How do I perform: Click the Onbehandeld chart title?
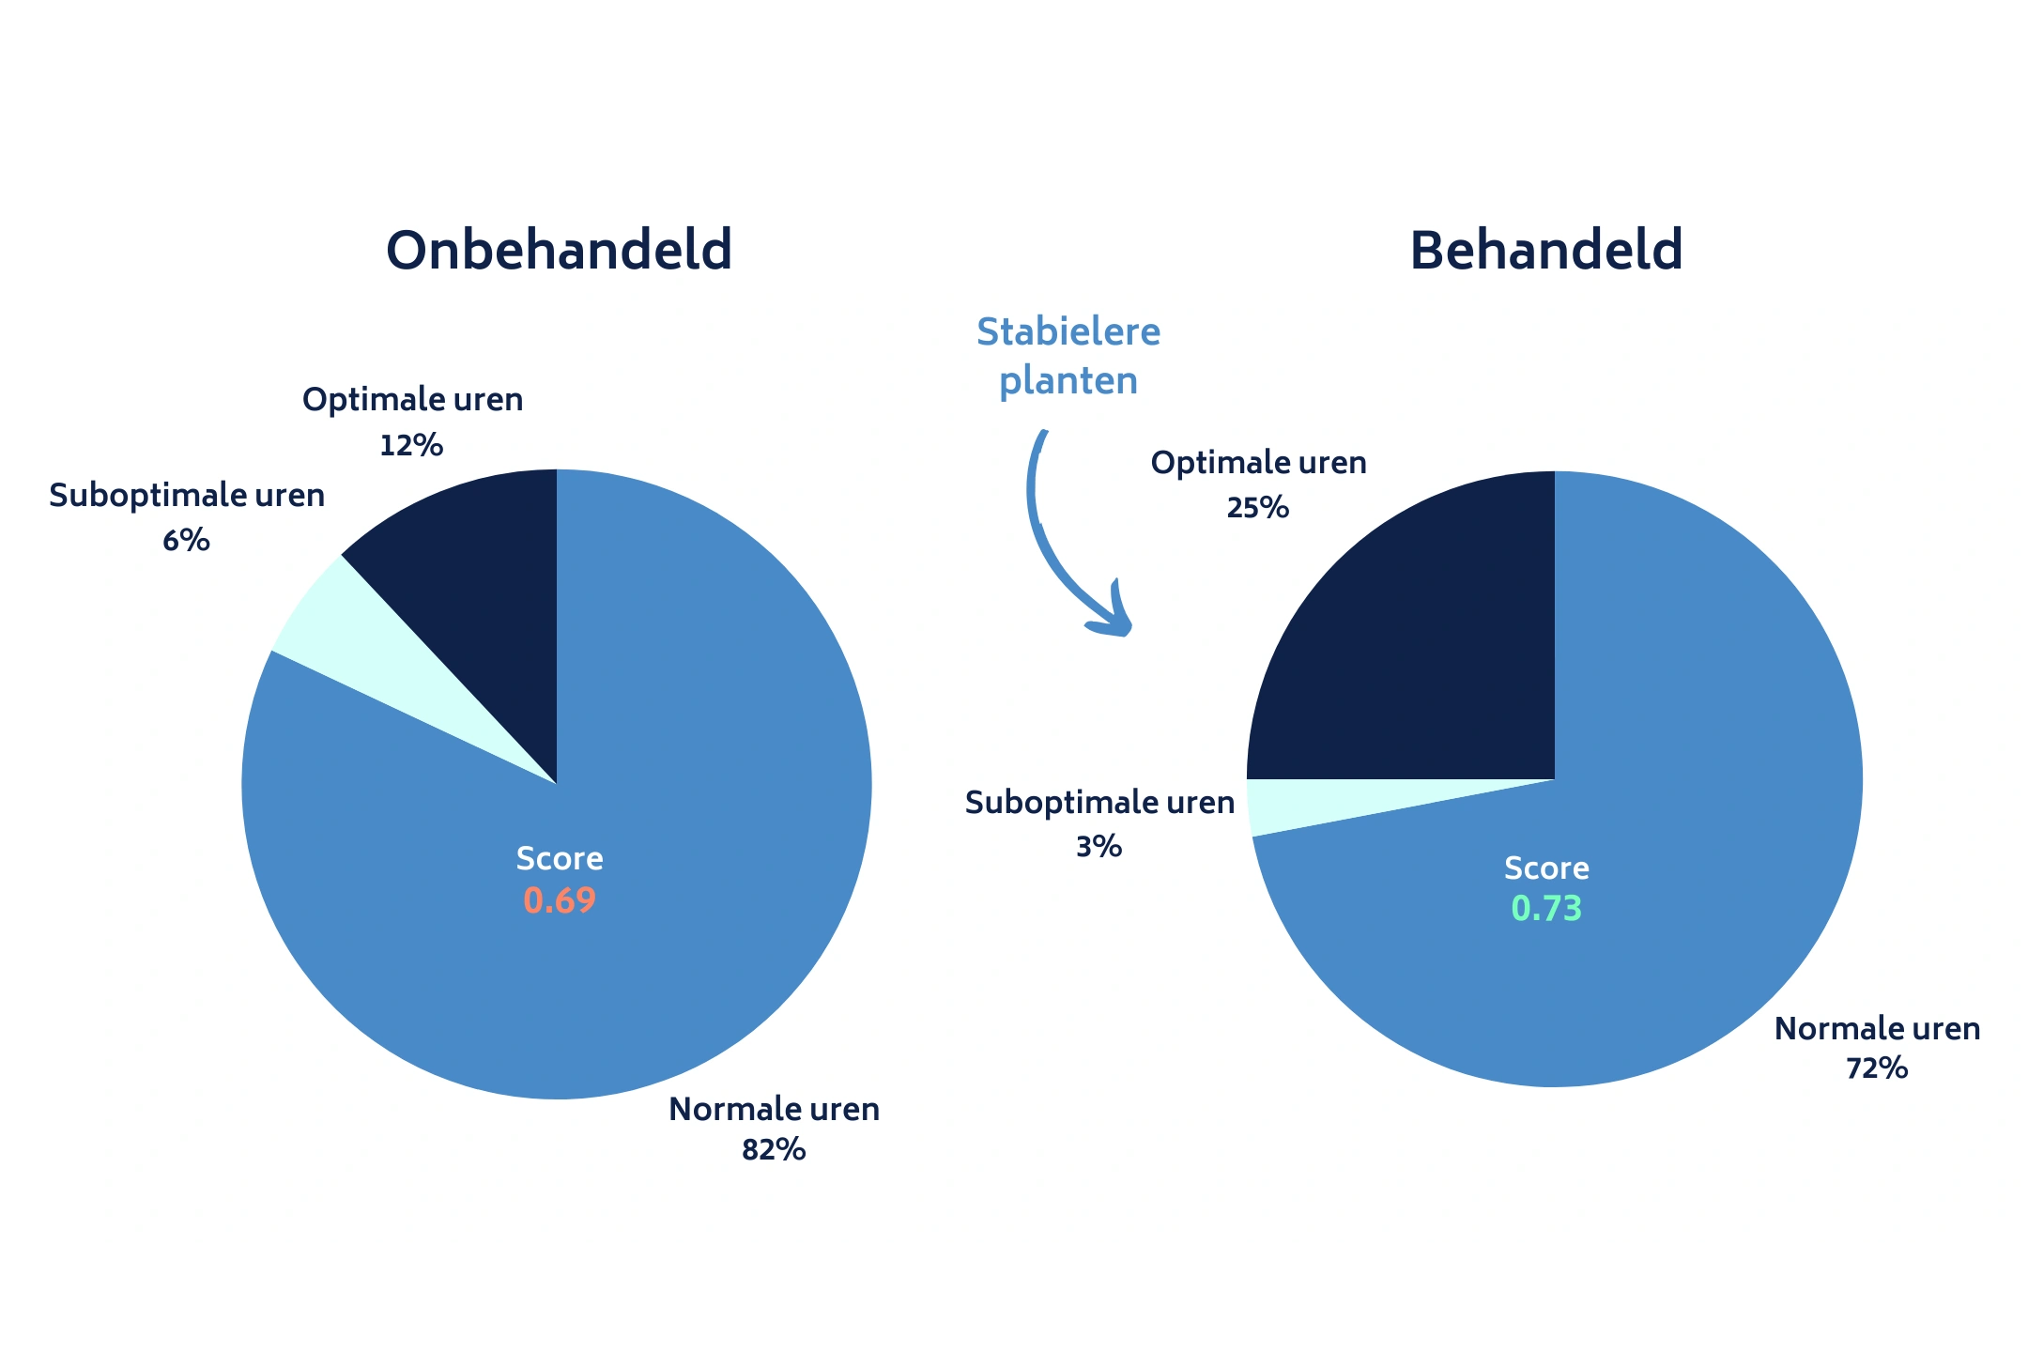pyautogui.click(x=559, y=251)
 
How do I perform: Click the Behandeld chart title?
pyautogui.click(x=1546, y=251)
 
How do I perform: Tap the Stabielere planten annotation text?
pyautogui.click(x=1068, y=356)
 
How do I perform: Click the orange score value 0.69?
pyautogui.click(x=560, y=901)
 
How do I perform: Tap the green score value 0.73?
pyautogui.click(x=1546, y=909)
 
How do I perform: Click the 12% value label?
pyautogui.click(x=411, y=445)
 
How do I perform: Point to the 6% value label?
pyautogui.click(x=186, y=541)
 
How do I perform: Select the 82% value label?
pyautogui.click(x=774, y=1150)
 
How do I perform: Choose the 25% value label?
pyautogui.click(x=1258, y=508)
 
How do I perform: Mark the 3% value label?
pyautogui.click(x=1098, y=847)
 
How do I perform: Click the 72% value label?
pyautogui.click(x=1877, y=1068)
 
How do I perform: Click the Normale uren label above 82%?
pyautogui.click(x=774, y=1110)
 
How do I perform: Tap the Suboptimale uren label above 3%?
pyautogui.click(x=1099, y=803)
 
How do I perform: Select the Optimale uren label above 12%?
pyautogui.click(x=412, y=400)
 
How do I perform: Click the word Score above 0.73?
pyautogui.click(x=1546, y=868)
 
